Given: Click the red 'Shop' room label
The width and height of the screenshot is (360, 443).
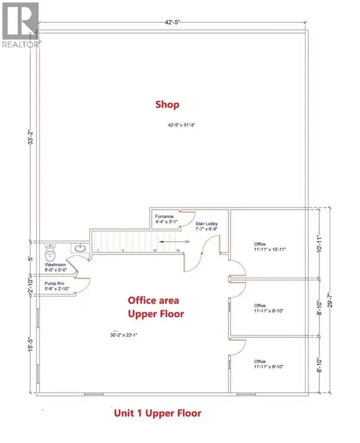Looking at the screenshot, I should (167, 105).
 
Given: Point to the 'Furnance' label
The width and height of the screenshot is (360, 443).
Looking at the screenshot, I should (164, 216).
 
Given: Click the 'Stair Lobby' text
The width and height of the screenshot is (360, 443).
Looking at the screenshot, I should (206, 224).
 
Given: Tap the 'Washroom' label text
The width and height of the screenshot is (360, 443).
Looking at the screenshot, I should (56, 265).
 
